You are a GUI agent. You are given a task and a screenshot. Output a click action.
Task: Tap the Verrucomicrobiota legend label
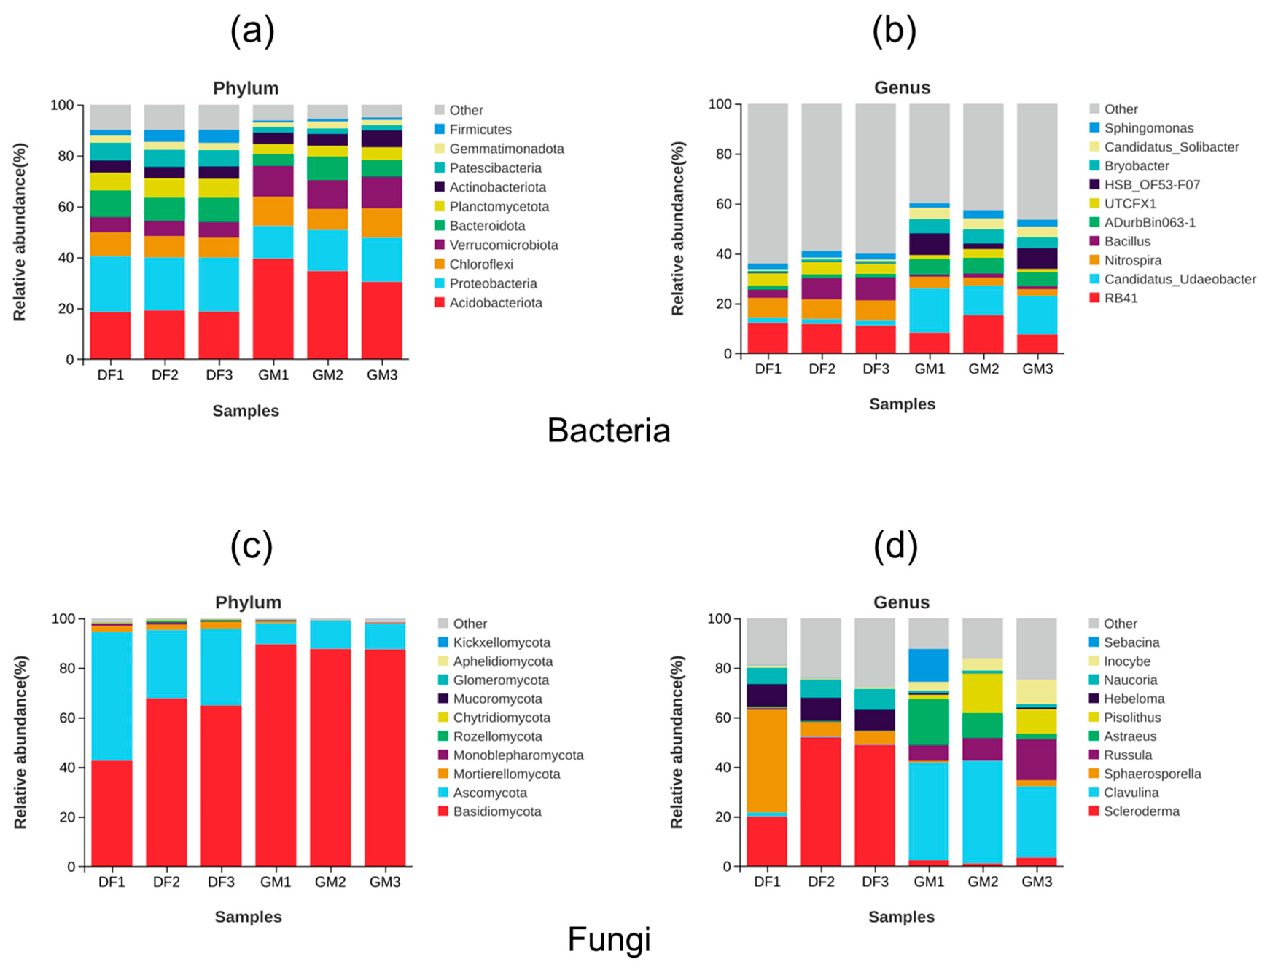(x=503, y=245)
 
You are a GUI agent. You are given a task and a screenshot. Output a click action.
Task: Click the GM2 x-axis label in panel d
(x=983, y=882)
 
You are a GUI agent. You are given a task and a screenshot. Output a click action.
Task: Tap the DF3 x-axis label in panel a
(x=219, y=375)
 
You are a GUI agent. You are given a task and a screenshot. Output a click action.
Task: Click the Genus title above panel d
(x=901, y=602)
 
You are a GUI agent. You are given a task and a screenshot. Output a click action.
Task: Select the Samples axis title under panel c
(x=248, y=917)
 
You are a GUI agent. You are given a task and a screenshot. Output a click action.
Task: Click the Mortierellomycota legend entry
(x=506, y=774)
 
